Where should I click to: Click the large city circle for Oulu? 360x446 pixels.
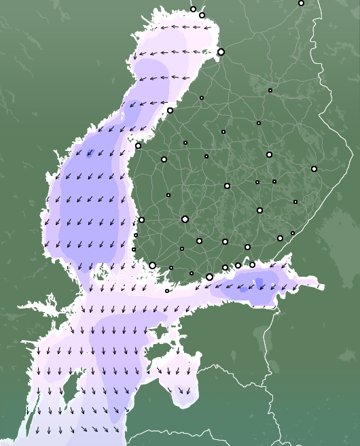coord(221,52)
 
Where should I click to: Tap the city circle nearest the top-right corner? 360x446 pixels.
coord(301,3)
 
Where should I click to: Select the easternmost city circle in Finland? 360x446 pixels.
coord(314,169)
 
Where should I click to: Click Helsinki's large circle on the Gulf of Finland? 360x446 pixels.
coord(209,277)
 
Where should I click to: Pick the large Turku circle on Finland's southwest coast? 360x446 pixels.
coord(152,265)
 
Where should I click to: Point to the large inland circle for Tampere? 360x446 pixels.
coord(185,219)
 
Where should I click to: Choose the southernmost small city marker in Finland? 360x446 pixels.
coord(167,291)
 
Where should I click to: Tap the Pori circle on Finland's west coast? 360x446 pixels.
coord(141,220)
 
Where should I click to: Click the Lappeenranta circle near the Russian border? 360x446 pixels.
coord(280,238)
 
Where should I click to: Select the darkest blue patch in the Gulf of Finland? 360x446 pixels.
coord(259,282)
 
